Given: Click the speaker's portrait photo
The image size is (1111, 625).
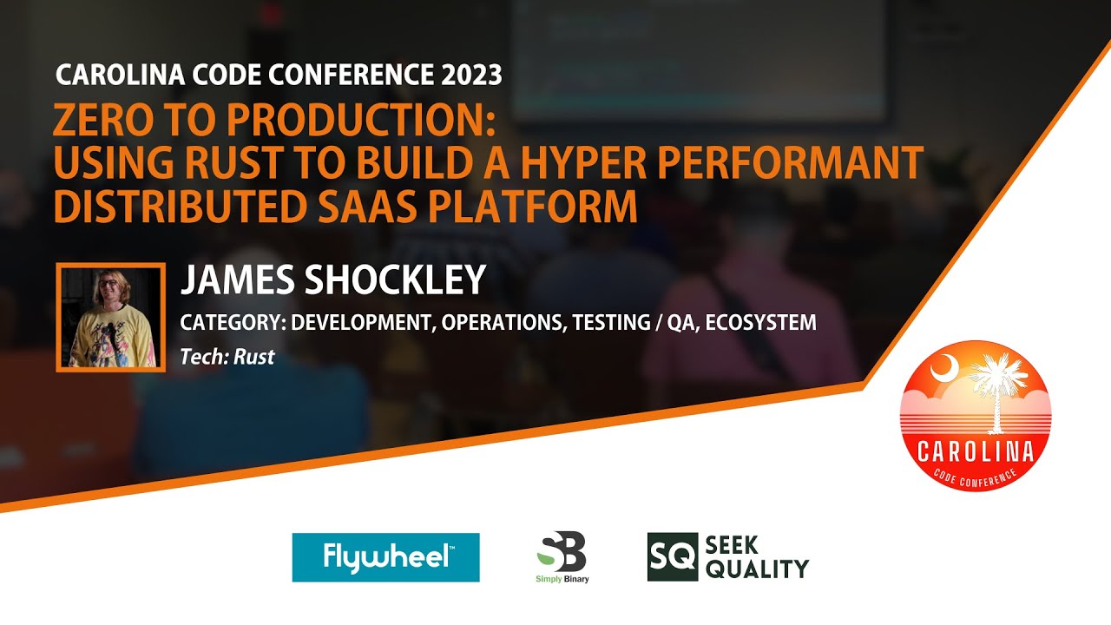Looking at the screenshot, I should pos(111,317).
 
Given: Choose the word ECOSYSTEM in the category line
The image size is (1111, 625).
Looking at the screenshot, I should pos(760,323).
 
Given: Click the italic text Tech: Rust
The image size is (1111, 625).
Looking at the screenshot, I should pos(227,357).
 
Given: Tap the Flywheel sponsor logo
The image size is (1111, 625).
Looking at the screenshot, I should pos(385,557).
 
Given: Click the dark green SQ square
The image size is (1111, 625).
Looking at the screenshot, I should pos(673,556).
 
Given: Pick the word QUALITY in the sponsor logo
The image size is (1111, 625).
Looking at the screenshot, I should pos(757,569).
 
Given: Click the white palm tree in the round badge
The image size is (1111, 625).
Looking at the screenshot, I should pos(998,386).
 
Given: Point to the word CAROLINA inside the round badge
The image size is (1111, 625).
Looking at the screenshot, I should pos(976,451).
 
